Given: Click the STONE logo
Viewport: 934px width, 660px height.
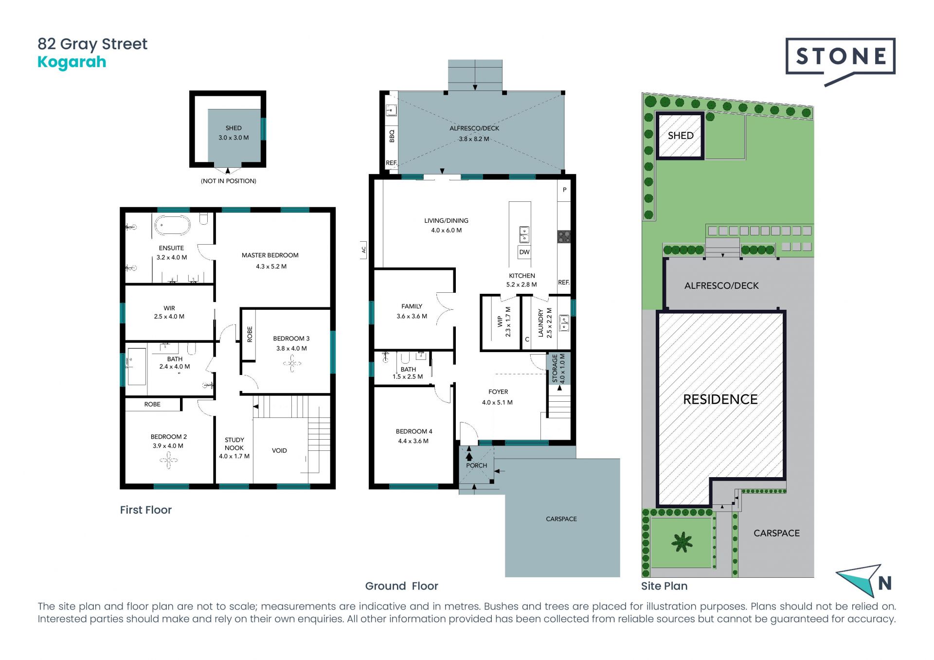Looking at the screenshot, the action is click(x=840, y=57).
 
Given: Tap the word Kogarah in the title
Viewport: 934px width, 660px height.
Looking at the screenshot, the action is click(x=72, y=62).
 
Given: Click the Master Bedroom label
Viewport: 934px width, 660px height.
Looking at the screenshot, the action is click(x=270, y=255).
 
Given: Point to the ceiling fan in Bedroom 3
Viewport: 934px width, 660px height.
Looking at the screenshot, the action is click(x=292, y=363).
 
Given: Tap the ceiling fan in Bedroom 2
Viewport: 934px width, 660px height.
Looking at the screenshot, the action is click(x=168, y=460).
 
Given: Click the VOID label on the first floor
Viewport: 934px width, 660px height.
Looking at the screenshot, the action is click(x=279, y=451).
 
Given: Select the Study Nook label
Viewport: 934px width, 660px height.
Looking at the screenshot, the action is click(x=234, y=444).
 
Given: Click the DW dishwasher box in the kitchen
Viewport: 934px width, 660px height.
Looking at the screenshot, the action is click(x=524, y=252).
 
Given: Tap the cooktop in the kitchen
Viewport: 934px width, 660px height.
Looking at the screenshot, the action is click(x=564, y=237).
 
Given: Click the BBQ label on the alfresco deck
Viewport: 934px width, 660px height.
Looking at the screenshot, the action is click(x=392, y=136).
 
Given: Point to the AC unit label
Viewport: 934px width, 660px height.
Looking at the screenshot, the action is click(x=363, y=250).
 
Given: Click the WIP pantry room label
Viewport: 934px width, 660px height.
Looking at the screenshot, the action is click(x=500, y=321).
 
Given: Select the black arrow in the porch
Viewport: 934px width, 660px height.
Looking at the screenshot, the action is click(x=469, y=457).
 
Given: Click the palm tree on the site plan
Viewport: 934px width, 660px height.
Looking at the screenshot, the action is click(x=682, y=542).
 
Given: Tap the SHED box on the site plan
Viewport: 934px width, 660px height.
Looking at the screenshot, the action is click(x=681, y=136).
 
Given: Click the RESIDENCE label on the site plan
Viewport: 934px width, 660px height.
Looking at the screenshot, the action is click(x=720, y=400).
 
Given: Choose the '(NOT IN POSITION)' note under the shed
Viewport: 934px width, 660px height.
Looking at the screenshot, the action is click(x=229, y=181).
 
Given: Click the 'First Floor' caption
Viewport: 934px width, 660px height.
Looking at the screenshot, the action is click(x=146, y=510).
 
